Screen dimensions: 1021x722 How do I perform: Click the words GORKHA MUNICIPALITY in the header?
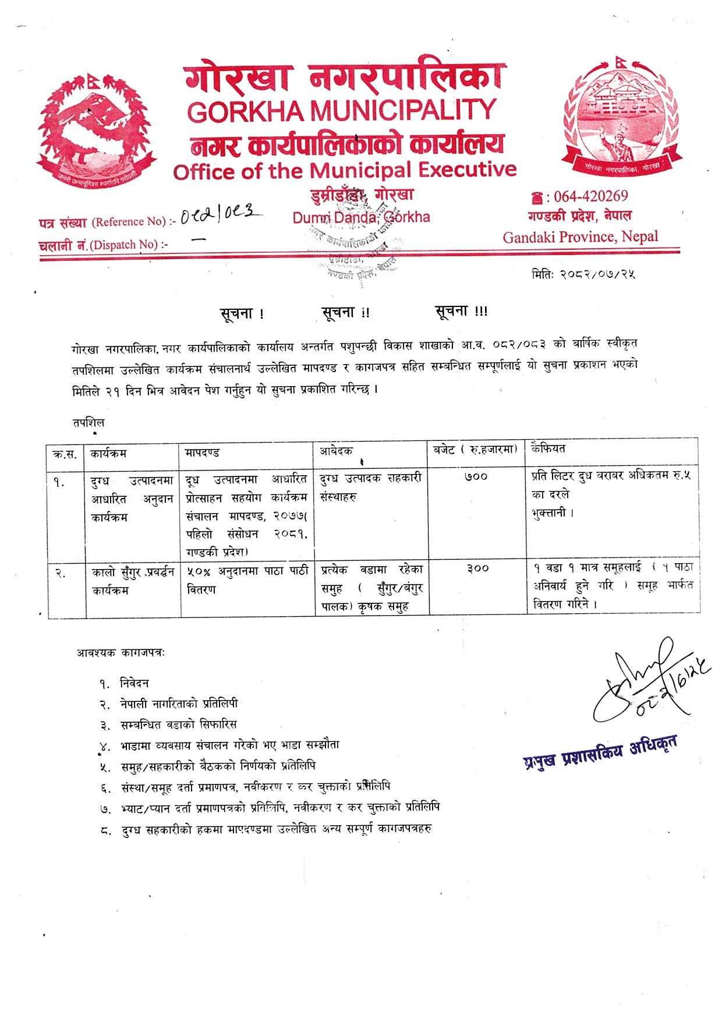point(341,111)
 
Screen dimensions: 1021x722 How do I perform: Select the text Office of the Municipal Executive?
point(345,170)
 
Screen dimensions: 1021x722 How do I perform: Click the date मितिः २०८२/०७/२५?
point(583,274)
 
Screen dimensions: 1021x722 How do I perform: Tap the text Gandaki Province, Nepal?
point(581,237)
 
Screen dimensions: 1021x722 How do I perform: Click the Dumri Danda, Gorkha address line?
point(361,217)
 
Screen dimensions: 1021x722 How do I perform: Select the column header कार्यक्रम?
point(109,453)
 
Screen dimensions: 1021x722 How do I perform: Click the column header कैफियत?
point(548,448)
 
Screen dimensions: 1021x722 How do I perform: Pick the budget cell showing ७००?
point(476,477)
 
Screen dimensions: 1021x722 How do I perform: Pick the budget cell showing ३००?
point(477,568)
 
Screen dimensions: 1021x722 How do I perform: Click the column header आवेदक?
point(336,451)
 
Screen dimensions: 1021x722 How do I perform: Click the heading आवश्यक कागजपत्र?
point(121,653)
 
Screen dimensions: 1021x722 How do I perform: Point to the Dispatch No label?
point(103,245)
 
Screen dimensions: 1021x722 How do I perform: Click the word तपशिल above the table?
point(89,422)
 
